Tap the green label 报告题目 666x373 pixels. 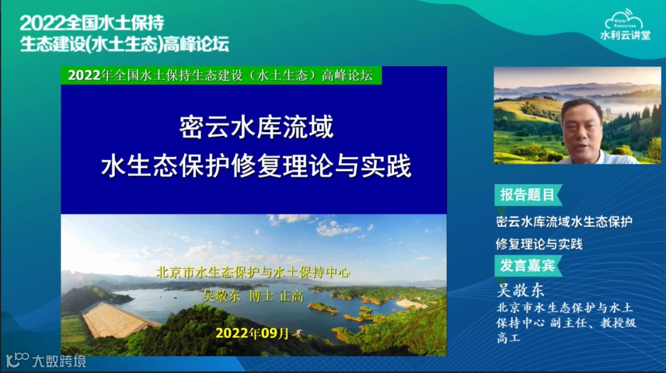(x=528, y=195)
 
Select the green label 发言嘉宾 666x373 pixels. (x=528, y=266)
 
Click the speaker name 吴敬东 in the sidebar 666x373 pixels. (x=520, y=290)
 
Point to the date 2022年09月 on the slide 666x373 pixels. (x=252, y=333)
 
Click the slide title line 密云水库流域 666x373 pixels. (x=257, y=127)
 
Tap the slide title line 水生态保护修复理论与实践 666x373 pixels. (x=256, y=166)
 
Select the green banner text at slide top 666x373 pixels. (x=221, y=75)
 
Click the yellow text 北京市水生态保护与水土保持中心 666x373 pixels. (x=253, y=272)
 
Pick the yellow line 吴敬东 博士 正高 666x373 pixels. (x=253, y=296)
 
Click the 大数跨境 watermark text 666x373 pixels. (x=59, y=361)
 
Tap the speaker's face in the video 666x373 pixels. (x=582, y=128)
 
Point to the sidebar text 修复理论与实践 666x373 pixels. (x=539, y=244)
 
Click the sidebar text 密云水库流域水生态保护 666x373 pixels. (x=564, y=222)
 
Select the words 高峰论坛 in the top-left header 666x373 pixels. (x=196, y=44)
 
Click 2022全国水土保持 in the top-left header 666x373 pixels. (x=92, y=23)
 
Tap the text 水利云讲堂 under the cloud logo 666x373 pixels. (x=625, y=35)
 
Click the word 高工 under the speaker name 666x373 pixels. (x=508, y=338)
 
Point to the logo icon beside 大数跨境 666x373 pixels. (x=17, y=360)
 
